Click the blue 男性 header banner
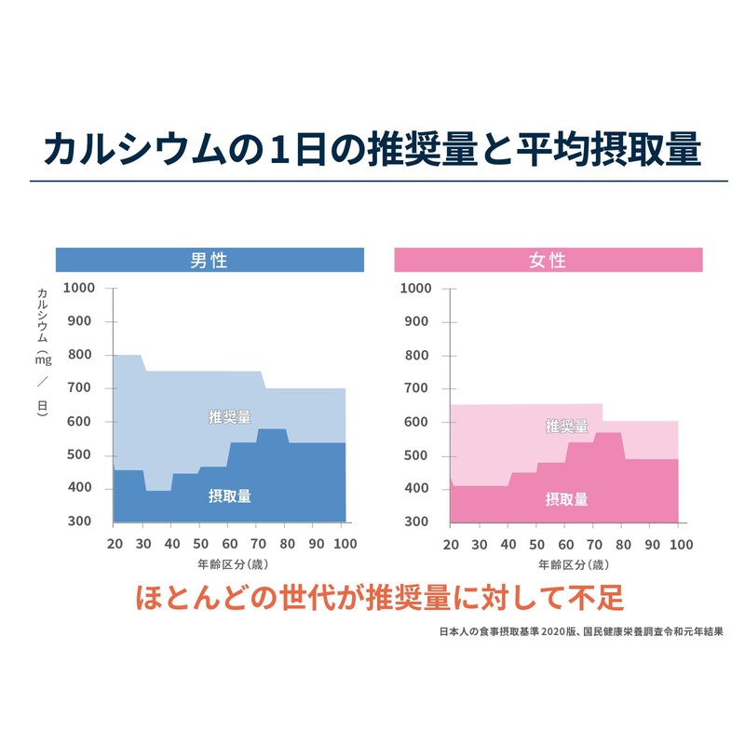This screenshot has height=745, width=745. coord(209,260)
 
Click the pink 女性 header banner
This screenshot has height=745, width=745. coord(548,260)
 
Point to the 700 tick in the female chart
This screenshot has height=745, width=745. coord(415,388)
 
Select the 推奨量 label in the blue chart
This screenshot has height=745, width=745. coord(229,416)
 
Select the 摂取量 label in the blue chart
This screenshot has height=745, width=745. coord(229,495)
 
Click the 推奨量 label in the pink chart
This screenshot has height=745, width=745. coord(566,427)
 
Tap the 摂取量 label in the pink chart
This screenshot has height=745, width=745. coord(566,499)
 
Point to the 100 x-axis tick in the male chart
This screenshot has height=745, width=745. coord(345,544)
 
